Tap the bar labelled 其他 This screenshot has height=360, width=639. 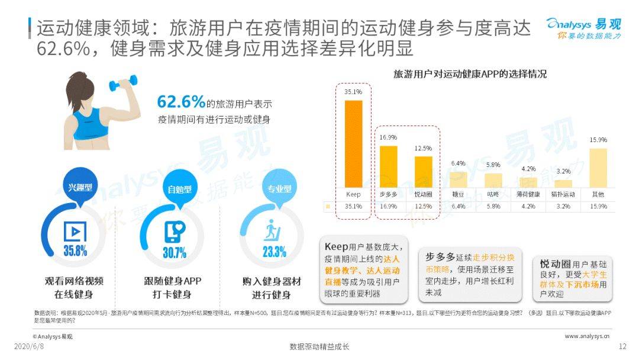pyautogui.click(x=598, y=168)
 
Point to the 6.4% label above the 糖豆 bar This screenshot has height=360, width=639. pyautogui.click(x=459, y=163)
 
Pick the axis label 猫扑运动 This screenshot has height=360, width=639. pyautogui.click(x=563, y=194)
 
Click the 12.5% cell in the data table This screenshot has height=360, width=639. pyautogui.click(x=423, y=207)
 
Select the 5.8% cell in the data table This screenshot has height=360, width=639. pyautogui.click(x=493, y=207)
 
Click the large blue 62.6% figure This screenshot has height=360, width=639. pyautogui.click(x=181, y=102)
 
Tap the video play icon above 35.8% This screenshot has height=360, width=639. pyautogui.click(x=75, y=231)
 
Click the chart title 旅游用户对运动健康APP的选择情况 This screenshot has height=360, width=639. pyautogui.click(x=470, y=75)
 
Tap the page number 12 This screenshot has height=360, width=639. pyautogui.click(x=622, y=346)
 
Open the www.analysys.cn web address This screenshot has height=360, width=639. pyautogui.click(x=587, y=336)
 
